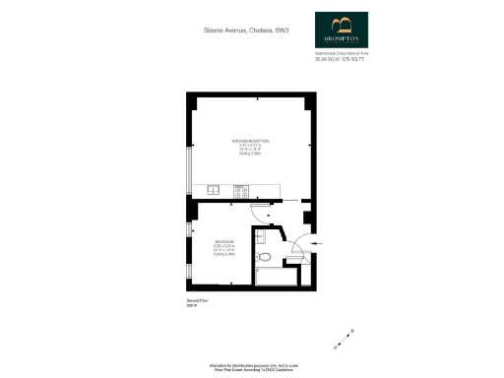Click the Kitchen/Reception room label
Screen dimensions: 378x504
point(250,141)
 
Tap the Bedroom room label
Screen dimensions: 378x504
point(224,241)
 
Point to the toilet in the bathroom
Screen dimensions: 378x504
point(263,256)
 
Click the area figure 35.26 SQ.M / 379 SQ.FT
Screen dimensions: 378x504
point(340,59)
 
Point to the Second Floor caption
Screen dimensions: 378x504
point(196,301)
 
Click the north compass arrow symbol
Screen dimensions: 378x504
point(341,346)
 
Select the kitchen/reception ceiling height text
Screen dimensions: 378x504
point(250,153)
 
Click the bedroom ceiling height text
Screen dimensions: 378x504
point(224,254)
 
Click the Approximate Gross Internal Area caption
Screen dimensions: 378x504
point(340,53)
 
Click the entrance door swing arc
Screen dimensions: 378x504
point(295,241)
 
